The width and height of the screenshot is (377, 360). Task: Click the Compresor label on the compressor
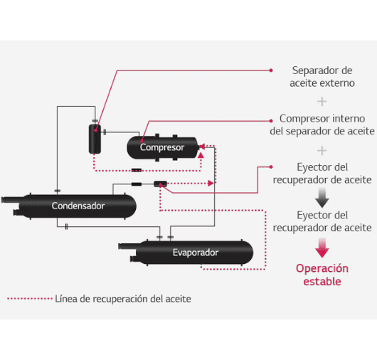(x=162, y=147)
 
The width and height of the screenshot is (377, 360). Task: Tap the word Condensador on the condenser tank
(x=78, y=206)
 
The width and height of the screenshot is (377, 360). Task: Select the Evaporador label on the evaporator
(x=196, y=253)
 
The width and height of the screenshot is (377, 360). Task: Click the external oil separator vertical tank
(x=95, y=139)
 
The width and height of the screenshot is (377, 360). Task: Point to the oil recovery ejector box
(x=160, y=184)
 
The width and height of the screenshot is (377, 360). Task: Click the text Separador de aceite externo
(x=322, y=77)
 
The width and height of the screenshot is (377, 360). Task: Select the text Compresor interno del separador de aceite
(x=322, y=125)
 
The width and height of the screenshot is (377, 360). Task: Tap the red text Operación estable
(x=322, y=275)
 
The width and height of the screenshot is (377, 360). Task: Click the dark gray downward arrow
(x=322, y=198)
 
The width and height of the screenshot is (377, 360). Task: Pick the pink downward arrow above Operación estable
(x=322, y=248)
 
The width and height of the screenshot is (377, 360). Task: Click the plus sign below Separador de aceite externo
(x=322, y=102)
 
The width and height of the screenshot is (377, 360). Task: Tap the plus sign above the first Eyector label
(x=322, y=151)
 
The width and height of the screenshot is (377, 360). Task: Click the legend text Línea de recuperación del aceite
(x=123, y=299)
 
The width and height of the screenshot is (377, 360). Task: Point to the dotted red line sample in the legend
(x=30, y=299)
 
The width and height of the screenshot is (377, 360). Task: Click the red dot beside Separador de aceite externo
(x=271, y=70)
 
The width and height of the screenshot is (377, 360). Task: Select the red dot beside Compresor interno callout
(x=271, y=121)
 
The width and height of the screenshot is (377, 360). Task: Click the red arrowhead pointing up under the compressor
(x=201, y=155)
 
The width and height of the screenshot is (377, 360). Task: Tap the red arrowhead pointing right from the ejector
(x=211, y=184)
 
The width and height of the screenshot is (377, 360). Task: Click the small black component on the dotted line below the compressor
(x=137, y=171)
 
